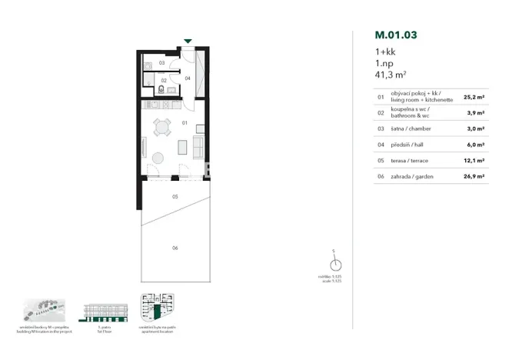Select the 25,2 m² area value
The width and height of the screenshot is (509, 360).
click(474, 98)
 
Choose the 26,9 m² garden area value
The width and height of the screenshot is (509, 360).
click(474, 175)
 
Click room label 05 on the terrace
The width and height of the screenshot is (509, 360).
click(175, 197)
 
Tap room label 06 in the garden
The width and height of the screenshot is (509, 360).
click(175, 248)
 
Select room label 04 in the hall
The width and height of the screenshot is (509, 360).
click(188, 78)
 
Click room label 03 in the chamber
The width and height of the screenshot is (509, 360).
click(161, 62)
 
